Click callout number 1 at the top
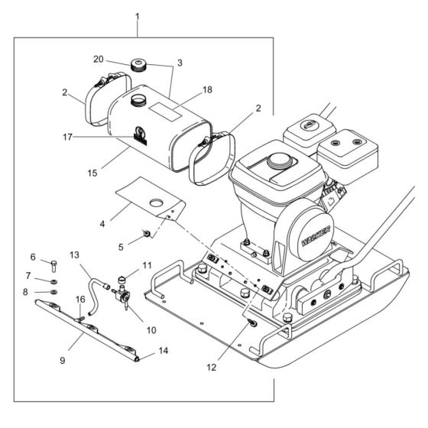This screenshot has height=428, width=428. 138,16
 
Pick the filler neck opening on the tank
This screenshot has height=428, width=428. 139,100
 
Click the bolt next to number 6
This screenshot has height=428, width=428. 55,265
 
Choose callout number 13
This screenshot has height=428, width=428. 75,255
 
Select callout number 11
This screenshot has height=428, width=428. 148,264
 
